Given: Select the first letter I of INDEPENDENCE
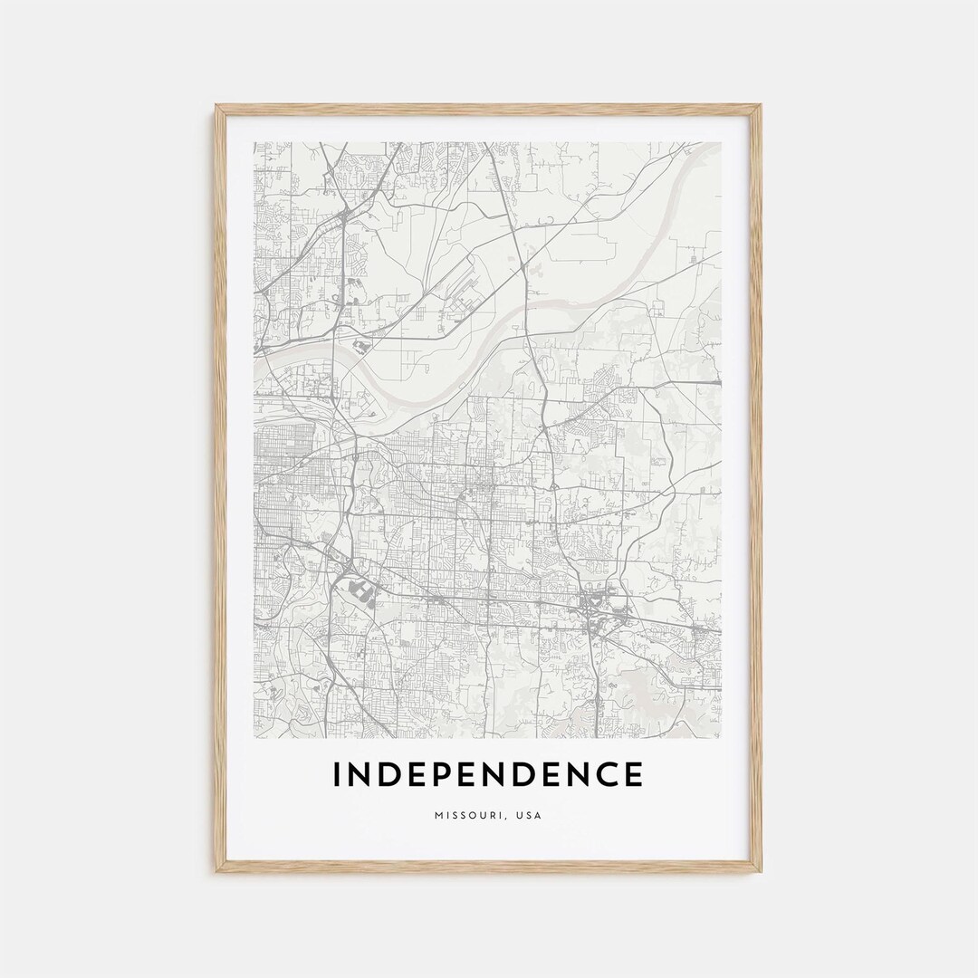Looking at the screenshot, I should [x=337, y=775].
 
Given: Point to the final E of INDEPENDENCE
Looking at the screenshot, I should [x=632, y=775].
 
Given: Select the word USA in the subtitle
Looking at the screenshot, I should [x=529, y=815].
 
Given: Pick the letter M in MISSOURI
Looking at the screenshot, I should [x=436, y=815].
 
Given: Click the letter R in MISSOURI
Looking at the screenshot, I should [x=491, y=815].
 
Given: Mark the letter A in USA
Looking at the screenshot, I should [x=538, y=815].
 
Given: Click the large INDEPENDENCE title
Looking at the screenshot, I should [x=487, y=775].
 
